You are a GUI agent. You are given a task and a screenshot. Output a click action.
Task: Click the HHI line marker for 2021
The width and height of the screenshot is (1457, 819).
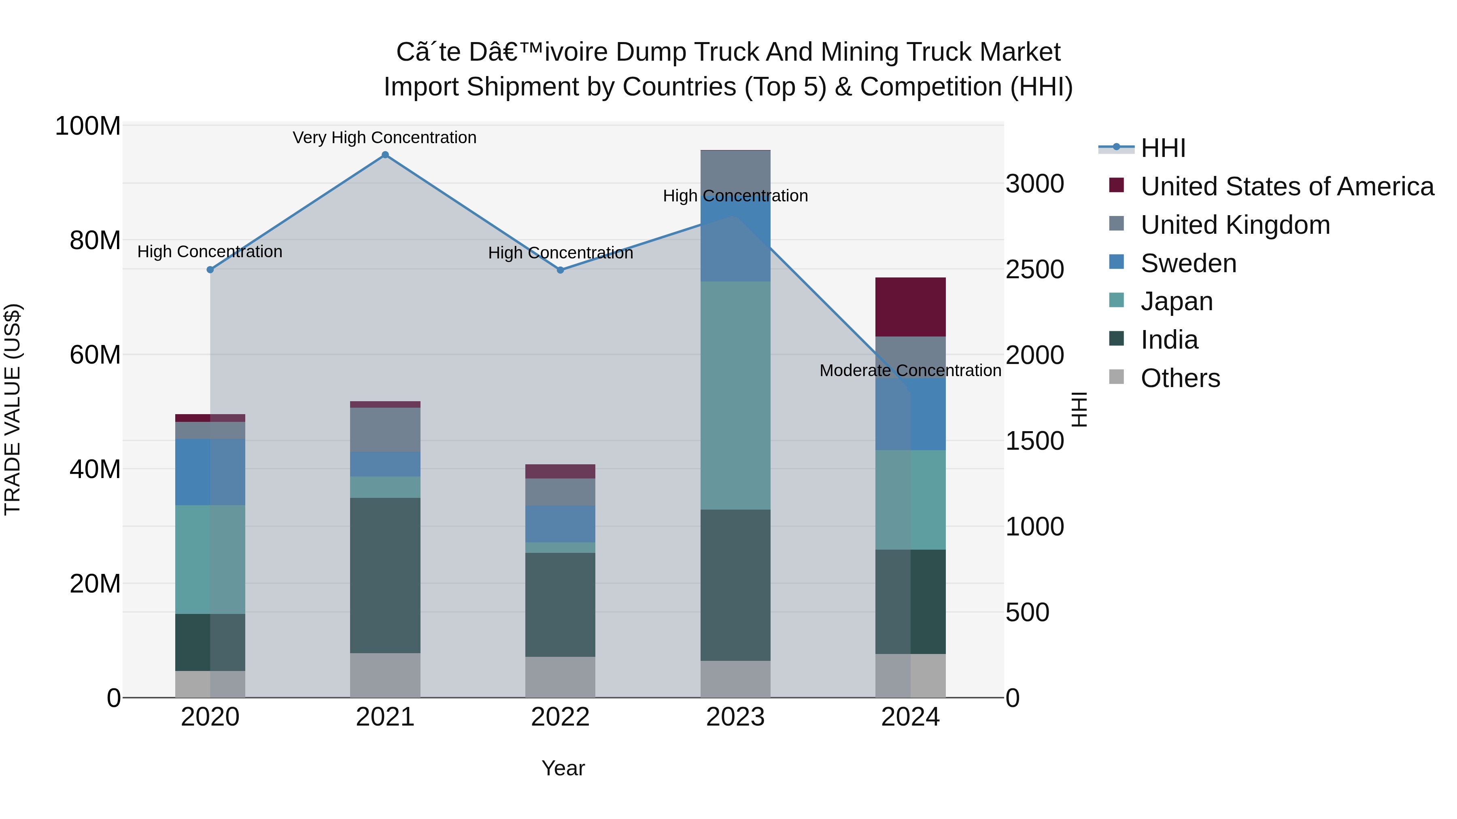point(385,155)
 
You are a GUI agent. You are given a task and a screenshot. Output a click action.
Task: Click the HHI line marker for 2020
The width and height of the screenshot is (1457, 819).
point(210,270)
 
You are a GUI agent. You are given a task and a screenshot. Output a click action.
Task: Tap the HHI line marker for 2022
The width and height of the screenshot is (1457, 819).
point(561,270)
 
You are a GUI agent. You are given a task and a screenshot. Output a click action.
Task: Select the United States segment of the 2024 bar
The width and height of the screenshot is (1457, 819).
point(911,307)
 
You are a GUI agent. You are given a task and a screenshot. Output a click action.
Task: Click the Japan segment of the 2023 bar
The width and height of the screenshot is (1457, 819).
point(735,396)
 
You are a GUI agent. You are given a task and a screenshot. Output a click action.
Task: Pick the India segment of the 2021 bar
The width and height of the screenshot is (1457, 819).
point(385,576)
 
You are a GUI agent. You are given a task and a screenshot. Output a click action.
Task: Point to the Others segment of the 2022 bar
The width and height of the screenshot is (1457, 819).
point(561,677)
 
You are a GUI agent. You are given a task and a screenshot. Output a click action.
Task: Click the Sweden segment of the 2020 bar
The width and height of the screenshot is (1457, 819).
point(210,472)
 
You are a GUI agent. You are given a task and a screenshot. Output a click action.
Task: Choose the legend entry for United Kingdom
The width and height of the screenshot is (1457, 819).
point(1235,225)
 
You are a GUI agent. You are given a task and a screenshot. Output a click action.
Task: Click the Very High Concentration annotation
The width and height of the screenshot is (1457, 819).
point(384,138)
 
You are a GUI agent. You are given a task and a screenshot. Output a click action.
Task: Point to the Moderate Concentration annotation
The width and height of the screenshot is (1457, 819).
point(910,371)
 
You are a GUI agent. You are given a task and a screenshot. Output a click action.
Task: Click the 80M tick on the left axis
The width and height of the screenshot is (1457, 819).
point(95,241)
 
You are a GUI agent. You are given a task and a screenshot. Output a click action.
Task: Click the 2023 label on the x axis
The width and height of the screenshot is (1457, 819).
point(735,717)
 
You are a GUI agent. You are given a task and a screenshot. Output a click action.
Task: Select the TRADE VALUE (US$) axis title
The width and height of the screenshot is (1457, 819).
point(13,409)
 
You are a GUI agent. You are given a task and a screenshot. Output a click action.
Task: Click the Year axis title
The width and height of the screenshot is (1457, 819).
point(563,768)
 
